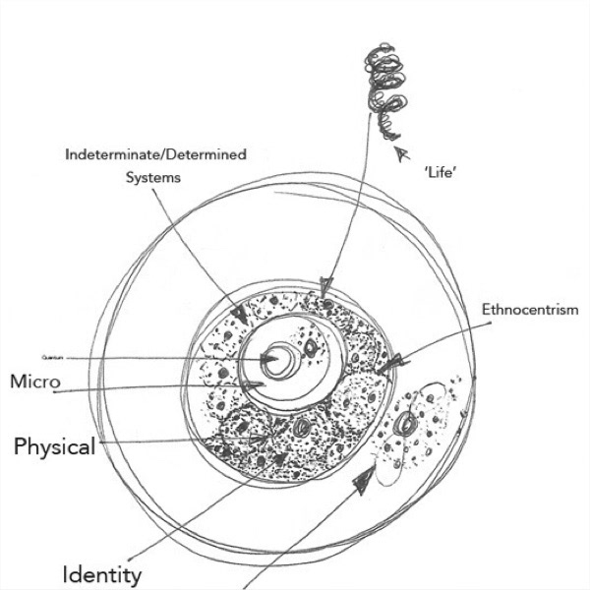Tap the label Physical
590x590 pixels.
(x=54, y=447)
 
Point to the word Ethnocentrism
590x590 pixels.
(x=530, y=310)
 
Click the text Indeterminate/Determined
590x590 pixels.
(x=155, y=154)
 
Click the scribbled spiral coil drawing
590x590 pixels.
(x=382, y=80)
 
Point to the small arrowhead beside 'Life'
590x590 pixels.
(x=398, y=152)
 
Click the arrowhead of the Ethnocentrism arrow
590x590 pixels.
(x=391, y=366)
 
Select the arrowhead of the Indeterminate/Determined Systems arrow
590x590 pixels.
(x=239, y=315)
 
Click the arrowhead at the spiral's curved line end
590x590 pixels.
(x=327, y=286)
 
